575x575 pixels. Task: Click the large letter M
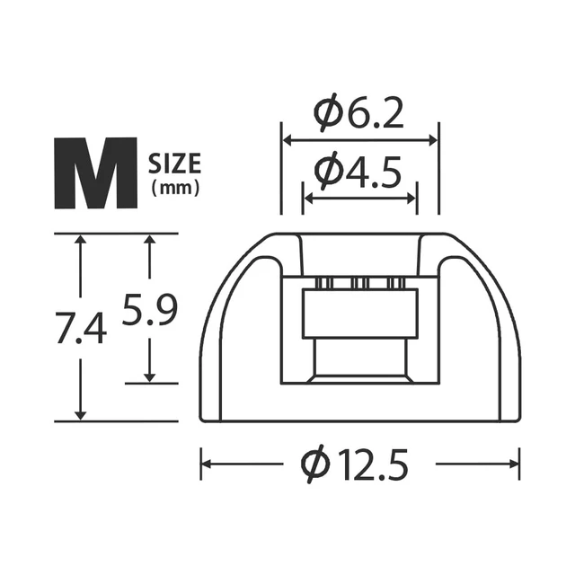click(96, 173)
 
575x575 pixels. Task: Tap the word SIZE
click(174, 164)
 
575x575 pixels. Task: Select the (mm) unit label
click(176, 189)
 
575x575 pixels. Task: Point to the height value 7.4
click(82, 327)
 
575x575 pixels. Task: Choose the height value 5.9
click(150, 309)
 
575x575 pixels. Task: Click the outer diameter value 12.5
click(374, 464)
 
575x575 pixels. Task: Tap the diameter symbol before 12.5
click(315, 464)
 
